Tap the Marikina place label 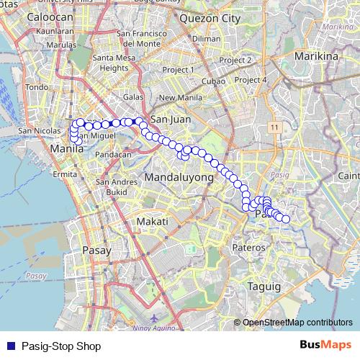[x=318, y=55]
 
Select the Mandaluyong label [x=179, y=177]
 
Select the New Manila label [x=178, y=98]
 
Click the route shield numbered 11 [x=274, y=127]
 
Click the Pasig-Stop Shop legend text [x=61, y=346]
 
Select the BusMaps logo [x=325, y=345]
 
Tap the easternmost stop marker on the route [x=286, y=219]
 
